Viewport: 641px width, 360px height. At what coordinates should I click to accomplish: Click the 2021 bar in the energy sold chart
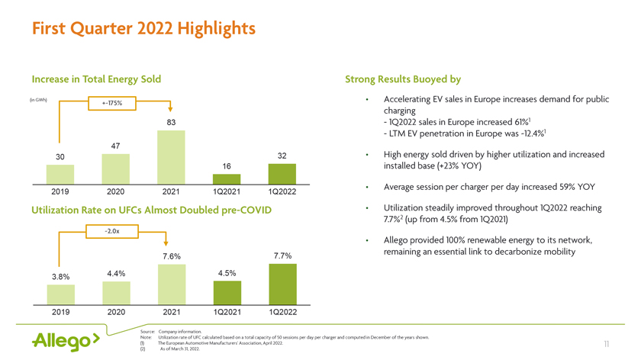coord(172,157)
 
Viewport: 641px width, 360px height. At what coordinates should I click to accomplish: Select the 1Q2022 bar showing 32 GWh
coord(282,173)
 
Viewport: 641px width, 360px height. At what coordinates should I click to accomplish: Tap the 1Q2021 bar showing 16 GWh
coord(227,178)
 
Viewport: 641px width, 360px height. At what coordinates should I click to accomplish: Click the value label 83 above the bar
coord(172,123)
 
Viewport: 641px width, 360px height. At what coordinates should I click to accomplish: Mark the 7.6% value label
coord(172,256)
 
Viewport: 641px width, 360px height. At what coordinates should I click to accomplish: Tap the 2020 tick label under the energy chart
coord(117,191)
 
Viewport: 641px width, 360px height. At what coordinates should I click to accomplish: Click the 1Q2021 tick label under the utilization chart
coord(227,312)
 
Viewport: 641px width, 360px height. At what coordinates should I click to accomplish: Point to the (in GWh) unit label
coord(38,99)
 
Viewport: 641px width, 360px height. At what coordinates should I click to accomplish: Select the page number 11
coord(607,345)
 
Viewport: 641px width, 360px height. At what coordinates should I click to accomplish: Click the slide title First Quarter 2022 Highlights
coord(143,29)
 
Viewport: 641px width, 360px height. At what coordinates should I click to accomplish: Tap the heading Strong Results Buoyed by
coord(403,79)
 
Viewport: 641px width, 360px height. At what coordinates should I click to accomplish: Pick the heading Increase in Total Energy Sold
coord(96,79)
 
